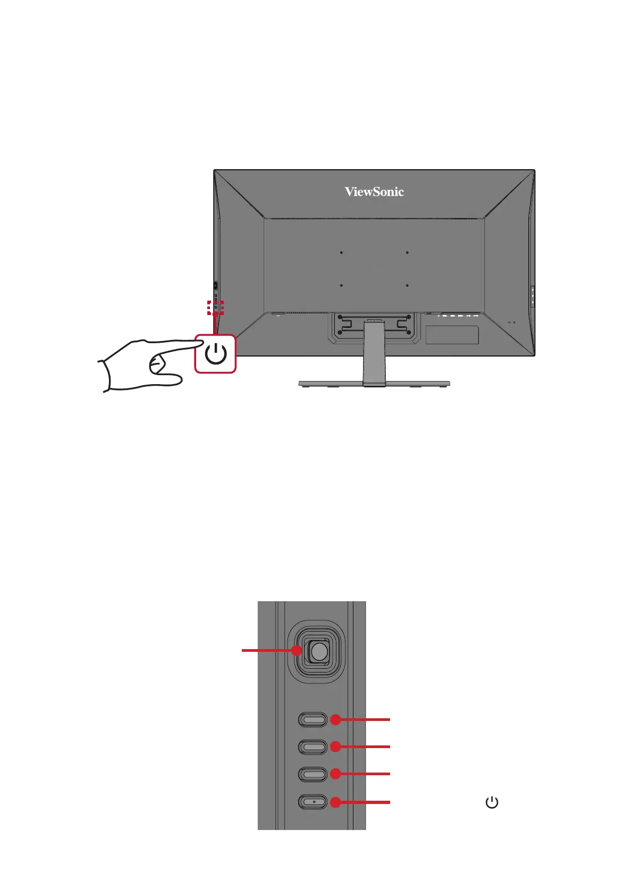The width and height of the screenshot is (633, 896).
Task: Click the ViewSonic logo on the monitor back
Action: point(374,192)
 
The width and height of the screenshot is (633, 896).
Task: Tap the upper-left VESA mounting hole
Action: point(341,253)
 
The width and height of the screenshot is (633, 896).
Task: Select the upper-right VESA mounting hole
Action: point(407,253)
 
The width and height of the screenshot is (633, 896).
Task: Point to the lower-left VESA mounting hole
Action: point(341,286)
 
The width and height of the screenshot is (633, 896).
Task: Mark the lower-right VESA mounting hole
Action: point(407,286)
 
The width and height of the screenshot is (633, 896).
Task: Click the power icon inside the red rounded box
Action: point(216,354)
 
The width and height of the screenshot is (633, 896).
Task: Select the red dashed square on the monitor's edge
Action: point(215,308)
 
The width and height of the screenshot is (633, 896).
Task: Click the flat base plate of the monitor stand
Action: point(374,383)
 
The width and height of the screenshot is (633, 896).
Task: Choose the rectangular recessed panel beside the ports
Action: point(452,335)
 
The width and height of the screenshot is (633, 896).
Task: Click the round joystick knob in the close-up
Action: point(318,651)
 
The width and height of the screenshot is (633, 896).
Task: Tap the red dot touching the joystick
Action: point(297,650)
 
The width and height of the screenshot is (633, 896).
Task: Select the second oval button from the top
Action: point(313,746)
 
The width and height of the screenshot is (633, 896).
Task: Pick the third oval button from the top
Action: point(313,774)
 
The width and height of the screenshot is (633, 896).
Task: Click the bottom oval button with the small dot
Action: point(313,802)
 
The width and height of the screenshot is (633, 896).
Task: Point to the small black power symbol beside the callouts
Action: point(492,802)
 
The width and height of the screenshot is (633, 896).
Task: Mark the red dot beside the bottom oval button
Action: point(335,802)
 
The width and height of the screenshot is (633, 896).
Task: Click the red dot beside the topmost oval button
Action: point(335,720)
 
